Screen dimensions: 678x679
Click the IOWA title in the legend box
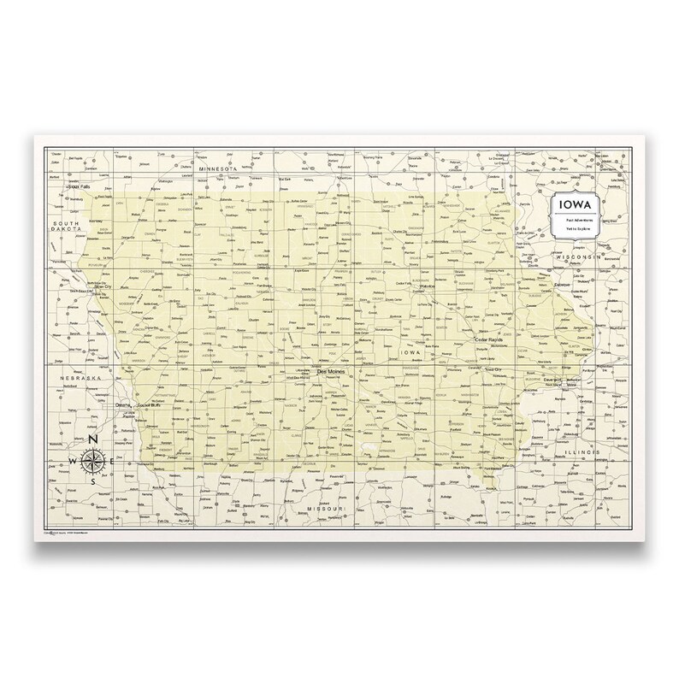(574, 208)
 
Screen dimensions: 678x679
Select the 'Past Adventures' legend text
(574, 224)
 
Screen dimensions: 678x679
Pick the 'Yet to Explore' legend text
(574, 233)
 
